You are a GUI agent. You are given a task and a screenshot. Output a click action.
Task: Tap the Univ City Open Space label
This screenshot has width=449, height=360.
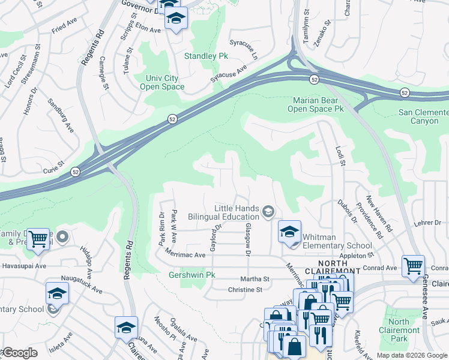pyautogui.click(x=162, y=83)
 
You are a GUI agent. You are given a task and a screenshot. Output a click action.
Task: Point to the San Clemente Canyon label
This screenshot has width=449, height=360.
pyautogui.click(x=423, y=116)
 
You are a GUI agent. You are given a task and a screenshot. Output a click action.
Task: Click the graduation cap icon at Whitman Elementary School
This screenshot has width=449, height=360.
pyautogui.click(x=289, y=231)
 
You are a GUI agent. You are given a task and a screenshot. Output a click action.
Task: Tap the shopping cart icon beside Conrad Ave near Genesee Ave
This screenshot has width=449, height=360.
pyautogui.click(x=413, y=265)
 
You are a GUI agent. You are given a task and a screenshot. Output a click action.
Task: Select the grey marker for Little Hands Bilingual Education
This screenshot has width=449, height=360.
pyautogui.click(x=268, y=211)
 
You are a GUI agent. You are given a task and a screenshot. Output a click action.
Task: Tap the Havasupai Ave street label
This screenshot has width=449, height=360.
pyautogui.click(x=23, y=266)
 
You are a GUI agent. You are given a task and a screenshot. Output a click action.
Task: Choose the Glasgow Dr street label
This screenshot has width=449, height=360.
pyautogui.click(x=247, y=238)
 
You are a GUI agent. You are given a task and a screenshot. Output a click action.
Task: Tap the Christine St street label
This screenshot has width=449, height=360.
pyautogui.click(x=245, y=289)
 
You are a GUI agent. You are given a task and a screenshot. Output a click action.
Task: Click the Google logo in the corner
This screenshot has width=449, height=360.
pyautogui.click(x=20, y=353)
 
